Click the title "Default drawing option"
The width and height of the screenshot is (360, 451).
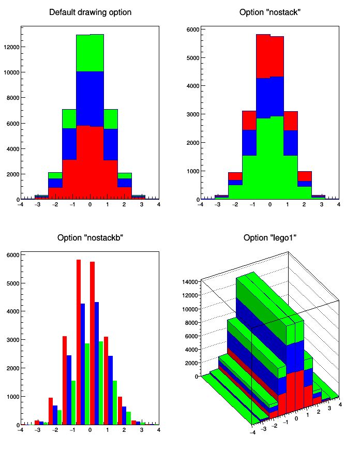(x=90, y=12)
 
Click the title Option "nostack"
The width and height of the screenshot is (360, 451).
(x=270, y=12)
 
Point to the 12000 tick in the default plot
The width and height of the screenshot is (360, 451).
(x=11, y=47)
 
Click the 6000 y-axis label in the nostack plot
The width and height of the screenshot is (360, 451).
(x=192, y=29)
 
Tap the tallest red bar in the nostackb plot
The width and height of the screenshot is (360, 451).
(x=79, y=341)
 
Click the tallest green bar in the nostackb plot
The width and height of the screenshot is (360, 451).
(x=101, y=383)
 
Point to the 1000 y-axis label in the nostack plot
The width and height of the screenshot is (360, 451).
(x=192, y=171)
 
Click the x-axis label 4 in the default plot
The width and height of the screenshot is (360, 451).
(x=158, y=205)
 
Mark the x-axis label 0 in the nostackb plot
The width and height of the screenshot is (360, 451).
(x=89, y=430)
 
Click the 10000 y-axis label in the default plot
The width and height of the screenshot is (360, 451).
(x=11, y=72)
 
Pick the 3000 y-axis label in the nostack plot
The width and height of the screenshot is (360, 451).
(x=192, y=114)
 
